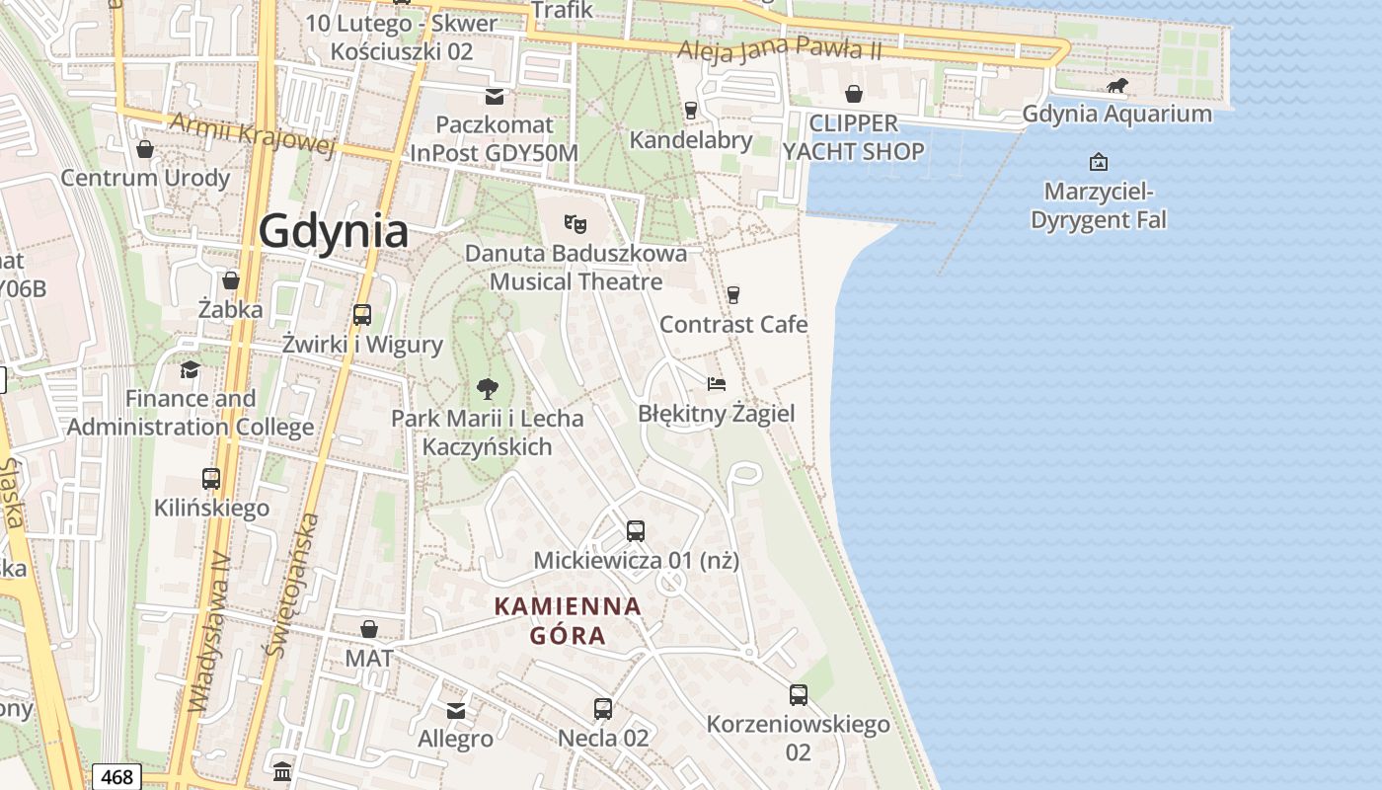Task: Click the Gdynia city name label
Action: [x=334, y=232]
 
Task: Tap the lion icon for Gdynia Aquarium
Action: [x=1117, y=87]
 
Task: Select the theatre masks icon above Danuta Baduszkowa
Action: [x=575, y=224]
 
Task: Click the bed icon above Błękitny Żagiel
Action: [x=717, y=383]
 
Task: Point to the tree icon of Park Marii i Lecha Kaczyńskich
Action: [x=487, y=388]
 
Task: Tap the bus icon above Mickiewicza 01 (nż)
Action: [x=636, y=531]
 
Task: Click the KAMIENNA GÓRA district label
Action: [x=568, y=620]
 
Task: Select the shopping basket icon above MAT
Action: [x=369, y=629]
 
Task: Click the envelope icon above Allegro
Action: [x=456, y=710]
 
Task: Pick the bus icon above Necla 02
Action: [x=603, y=708]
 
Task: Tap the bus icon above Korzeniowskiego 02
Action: [x=799, y=695]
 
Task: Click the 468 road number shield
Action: [x=116, y=777]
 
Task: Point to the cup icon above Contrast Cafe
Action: [x=732, y=294]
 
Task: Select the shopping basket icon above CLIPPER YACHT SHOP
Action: [x=854, y=94]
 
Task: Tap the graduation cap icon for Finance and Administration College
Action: [x=190, y=369]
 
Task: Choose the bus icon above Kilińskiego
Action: [x=211, y=479]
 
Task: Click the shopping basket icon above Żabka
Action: [x=231, y=280]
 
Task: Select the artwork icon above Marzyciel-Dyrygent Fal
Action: [x=1098, y=161]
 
